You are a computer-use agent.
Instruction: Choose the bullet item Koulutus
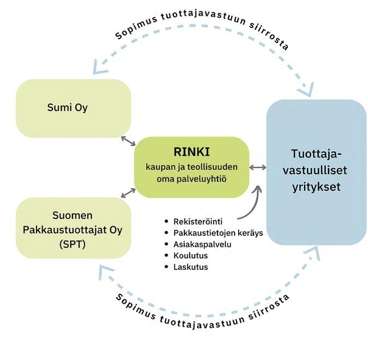[189, 256]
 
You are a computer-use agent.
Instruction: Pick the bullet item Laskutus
[190, 267]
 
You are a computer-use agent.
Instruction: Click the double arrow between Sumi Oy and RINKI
[129, 141]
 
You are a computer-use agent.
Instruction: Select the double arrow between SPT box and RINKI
[129, 192]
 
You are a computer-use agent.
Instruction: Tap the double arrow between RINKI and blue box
[258, 167]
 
